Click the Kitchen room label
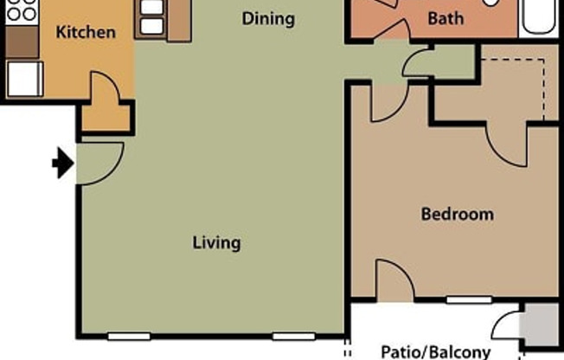[x=86, y=33]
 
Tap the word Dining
[x=268, y=18]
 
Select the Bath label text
[x=445, y=18]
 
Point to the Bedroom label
[x=457, y=214]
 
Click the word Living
[x=216, y=242]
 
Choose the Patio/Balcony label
[x=436, y=351]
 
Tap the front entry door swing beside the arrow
[x=97, y=163]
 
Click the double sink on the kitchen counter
[x=151, y=16]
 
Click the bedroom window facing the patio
[x=470, y=300]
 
